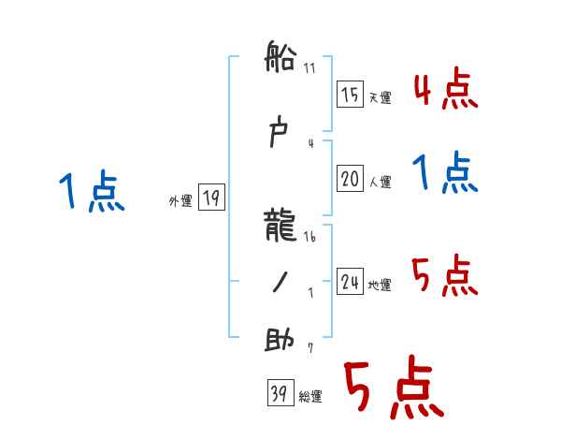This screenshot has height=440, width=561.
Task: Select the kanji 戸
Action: point(280,137)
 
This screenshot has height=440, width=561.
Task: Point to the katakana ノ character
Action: point(280,283)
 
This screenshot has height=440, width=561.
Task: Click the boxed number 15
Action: point(351,94)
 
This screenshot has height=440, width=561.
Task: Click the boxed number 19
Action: point(211,198)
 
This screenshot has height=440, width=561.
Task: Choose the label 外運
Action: point(180,200)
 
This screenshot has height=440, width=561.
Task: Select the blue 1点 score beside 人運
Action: point(446,173)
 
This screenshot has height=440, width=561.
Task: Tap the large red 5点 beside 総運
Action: point(393,390)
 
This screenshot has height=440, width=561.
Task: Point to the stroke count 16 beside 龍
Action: point(309,238)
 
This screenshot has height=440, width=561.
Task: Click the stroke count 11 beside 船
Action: point(309,67)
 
